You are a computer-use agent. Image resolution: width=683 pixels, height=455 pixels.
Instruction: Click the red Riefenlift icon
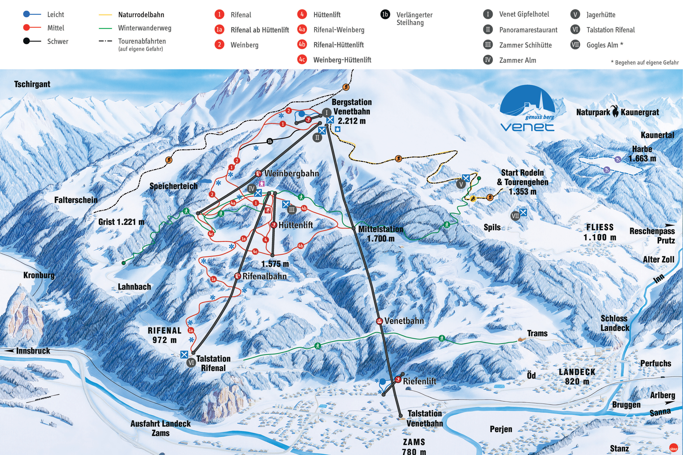[x=398, y=379]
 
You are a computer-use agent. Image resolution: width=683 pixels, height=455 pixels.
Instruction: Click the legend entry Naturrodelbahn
[x=141, y=15]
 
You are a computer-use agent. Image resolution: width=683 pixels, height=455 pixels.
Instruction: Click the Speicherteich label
[x=173, y=186]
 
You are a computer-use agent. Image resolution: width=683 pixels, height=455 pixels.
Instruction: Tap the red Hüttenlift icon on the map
[x=273, y=225]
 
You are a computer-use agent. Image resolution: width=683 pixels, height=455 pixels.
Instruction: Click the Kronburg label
[x=39, y=275]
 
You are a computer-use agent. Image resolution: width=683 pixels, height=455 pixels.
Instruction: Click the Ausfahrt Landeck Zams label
[x=161, y=428]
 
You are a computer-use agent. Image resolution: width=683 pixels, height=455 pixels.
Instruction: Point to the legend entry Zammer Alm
[x=517, y=60]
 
